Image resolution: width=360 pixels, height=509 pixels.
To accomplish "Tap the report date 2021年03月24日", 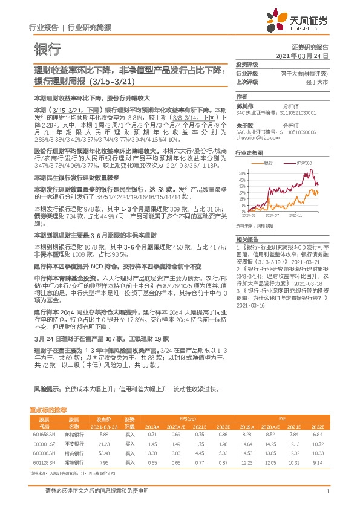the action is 301,55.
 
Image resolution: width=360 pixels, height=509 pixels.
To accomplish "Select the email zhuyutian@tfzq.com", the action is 256,137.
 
